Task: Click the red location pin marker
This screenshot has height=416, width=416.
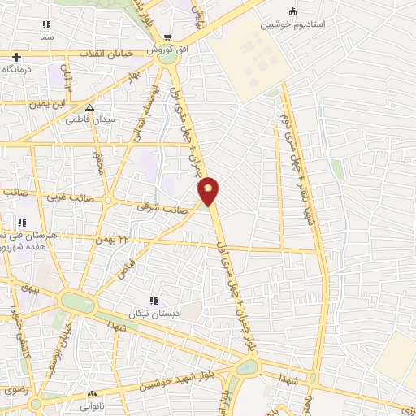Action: (210, 191)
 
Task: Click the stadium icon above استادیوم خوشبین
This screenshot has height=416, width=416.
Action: (292, 11)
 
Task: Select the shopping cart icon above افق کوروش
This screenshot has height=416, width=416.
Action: (167, 37)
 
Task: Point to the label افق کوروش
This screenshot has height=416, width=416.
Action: (167, 50)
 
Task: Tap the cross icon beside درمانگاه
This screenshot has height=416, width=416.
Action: (16, 56)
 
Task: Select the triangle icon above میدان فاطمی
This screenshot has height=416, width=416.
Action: (89, 106)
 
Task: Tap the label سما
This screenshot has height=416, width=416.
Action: (46, 37)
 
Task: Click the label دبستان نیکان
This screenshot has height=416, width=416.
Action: (154, 313)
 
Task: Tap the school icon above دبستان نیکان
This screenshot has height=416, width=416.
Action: (154, 301)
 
